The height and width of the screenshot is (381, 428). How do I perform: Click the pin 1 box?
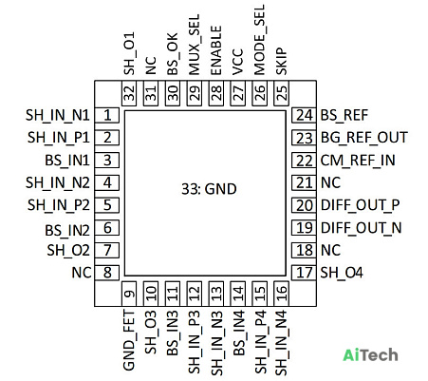pyautogui.click(x=107, y=115)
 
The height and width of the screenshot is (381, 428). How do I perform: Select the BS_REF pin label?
pyautogui.click(x=344, y=115)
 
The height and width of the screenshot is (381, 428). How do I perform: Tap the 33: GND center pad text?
pyautogui.click(x=209, y=189)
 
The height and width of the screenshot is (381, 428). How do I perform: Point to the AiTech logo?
pyautogui.click(x=370, y=355)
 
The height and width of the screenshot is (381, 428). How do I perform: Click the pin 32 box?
pyautogui.click(x=129, y=93)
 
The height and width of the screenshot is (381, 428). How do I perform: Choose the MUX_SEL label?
pyautogui.click(x=195, y=45)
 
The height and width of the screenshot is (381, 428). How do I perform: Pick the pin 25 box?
pyautogui.click(x=281, y=93)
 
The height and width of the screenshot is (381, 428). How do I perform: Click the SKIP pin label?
pyautogui.click(x=281, y=62)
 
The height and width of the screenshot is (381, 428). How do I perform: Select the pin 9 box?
pyautogui.click(x=129, y=294)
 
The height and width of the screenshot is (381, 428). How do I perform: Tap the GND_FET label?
pyautogui.click(x=129, y=340)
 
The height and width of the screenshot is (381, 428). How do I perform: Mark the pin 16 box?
pyautogui.click(x=281, y=294)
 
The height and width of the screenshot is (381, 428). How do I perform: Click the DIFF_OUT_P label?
pyautogui.click(x=361, y=205)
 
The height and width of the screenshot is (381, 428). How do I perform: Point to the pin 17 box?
pyautogui.click(x=304, y=273)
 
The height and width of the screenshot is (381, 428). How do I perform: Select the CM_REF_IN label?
pyautogui.click(x=358, y=161)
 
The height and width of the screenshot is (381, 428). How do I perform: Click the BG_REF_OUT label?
pyautogui.click(x=364, y=138)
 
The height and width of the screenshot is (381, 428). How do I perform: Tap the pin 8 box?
pyautogui.click(x=107, y=273)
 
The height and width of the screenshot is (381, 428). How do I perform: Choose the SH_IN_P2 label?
pyautogui.click(x=59, y=205)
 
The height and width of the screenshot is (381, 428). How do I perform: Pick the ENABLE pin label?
pyautogui.click(x=216, y=50)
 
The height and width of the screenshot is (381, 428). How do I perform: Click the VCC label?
pyautogui.click(x=238, y=62)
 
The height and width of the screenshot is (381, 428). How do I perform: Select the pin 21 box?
pyautogui.click(x=304, y=182)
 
